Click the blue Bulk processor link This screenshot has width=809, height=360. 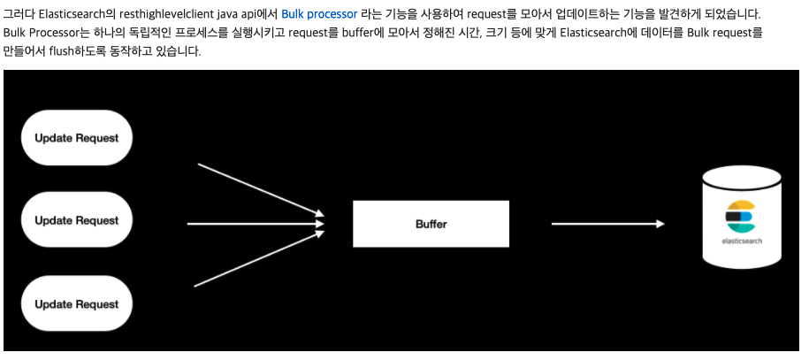(x=319, y=15)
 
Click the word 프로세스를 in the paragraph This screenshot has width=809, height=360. (x=195, y=33)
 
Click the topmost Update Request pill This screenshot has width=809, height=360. (x=76, y=138)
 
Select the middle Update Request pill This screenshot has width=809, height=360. (x=76, y=220)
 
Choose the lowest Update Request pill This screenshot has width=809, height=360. (x=76, y=304)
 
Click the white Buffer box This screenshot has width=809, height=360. (x=431, y=224)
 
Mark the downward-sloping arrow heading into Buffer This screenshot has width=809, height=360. (x=256, y=188)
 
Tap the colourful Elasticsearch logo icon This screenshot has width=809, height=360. (x=739, y=216)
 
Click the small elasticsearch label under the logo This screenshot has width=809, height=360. (x=741, y=240)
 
